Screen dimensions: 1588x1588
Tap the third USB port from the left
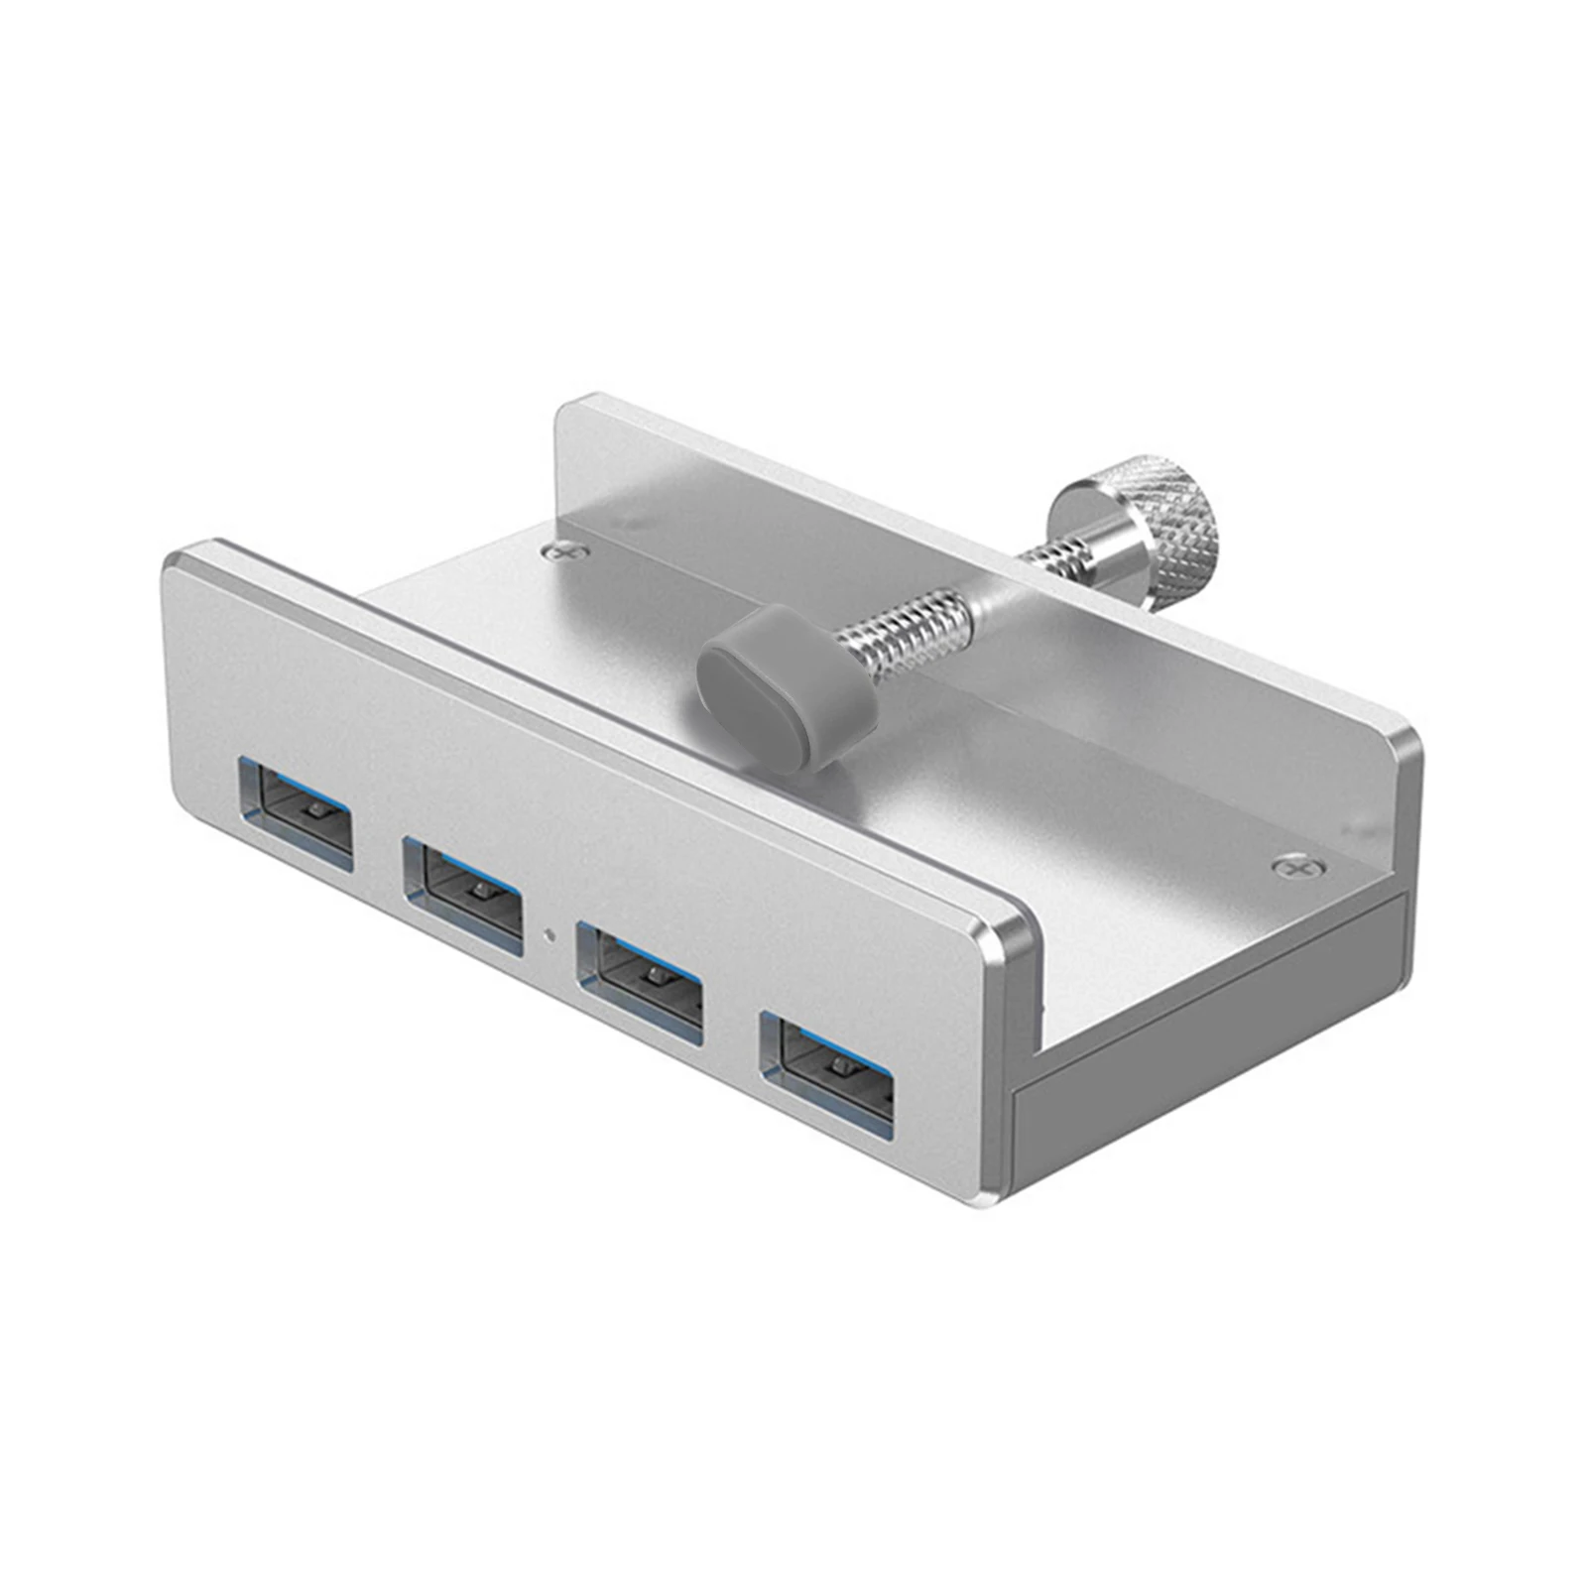coord(641,983)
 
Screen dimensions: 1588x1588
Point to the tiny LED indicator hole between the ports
coord(549,931)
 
